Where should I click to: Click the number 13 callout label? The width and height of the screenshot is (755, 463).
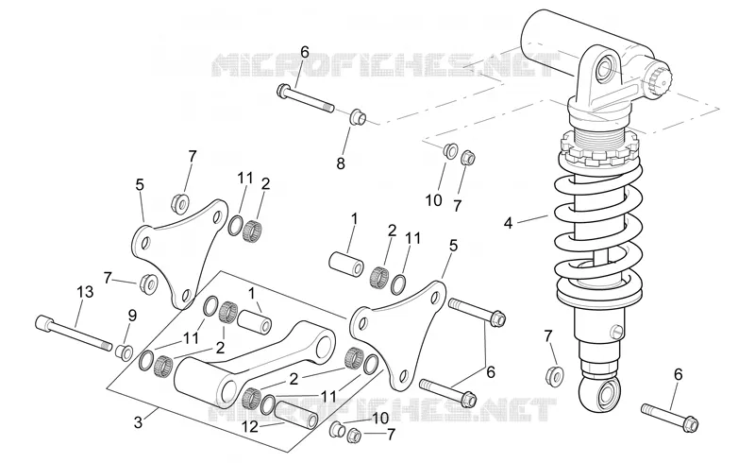(85, 293)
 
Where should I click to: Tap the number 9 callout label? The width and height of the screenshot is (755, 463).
(132, 316)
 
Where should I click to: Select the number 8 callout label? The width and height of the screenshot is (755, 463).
(341, 164)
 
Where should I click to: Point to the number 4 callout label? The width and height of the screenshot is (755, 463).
(508, 223)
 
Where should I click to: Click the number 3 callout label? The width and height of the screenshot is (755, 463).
(138, 423)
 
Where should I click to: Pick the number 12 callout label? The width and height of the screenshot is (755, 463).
(250, 427)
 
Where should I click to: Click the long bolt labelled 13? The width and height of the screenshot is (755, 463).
(74, 334)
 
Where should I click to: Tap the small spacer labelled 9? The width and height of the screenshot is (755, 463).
(124, 352)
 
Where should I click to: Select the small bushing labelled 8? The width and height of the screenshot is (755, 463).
(358, 117)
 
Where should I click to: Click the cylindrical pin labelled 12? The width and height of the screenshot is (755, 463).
(296, 412)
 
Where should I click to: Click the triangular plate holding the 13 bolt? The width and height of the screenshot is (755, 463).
(179, 253)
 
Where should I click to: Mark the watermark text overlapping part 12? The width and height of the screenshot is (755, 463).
(383, 410)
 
